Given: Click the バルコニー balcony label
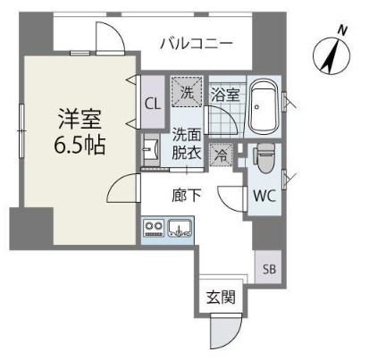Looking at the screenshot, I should coord(197,41).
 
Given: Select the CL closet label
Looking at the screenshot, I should coord(152,102).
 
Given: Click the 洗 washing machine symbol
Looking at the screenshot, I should coord(187,90).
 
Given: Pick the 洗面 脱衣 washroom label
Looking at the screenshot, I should coord(186,145).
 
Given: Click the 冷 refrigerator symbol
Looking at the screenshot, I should coord(220,155).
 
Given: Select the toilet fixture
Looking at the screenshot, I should coord(264,159).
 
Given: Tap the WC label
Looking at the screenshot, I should coord(263,196).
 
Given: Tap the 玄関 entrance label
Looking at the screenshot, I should coord(220,297).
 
